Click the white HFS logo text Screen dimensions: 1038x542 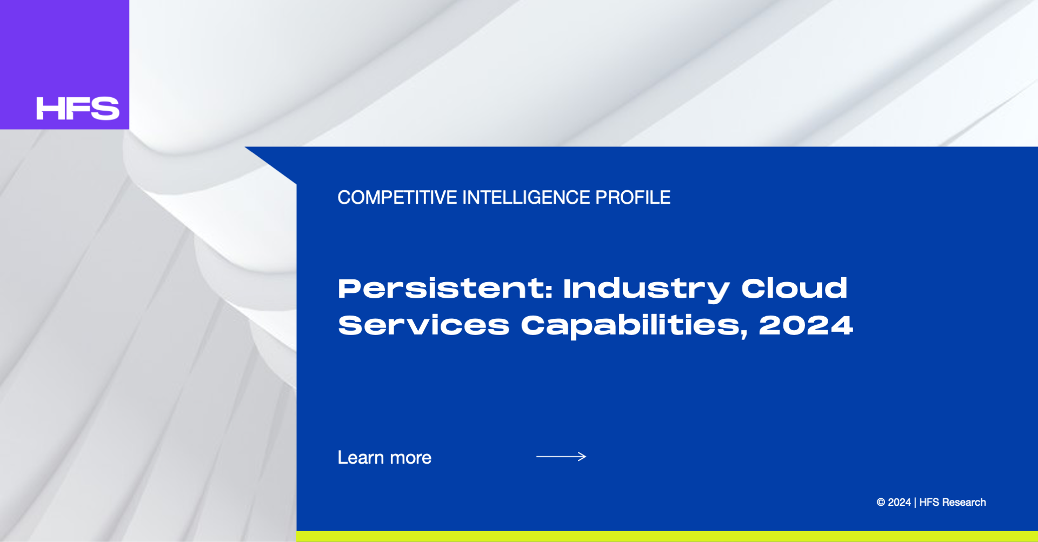click(x=78, y=108)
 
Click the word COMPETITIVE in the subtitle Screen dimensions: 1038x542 click(x=397, y=197)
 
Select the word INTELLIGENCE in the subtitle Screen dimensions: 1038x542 click(x=526, y=197)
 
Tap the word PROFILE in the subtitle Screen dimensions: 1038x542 click(x=633, y=197)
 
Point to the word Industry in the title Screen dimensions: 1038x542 click(x=647, y=290)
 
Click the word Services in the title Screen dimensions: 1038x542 click(x=424, y=325)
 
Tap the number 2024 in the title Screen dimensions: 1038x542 click(x=806, y=325)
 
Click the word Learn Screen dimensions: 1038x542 click(x=361, y=458)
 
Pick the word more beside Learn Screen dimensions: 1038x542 click(x=411, y=459)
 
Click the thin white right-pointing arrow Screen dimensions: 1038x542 click(x=561, y=457)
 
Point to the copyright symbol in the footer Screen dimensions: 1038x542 click(x=881, y=503)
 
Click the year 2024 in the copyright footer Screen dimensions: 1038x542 click(x=899, y=503)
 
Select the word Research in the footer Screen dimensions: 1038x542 click(x=964, y=503)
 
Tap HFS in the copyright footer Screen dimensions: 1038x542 click(x=929, y=503)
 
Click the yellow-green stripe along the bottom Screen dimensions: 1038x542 click(x=667, y=537)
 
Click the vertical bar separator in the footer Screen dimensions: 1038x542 click(x=915, y=503)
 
